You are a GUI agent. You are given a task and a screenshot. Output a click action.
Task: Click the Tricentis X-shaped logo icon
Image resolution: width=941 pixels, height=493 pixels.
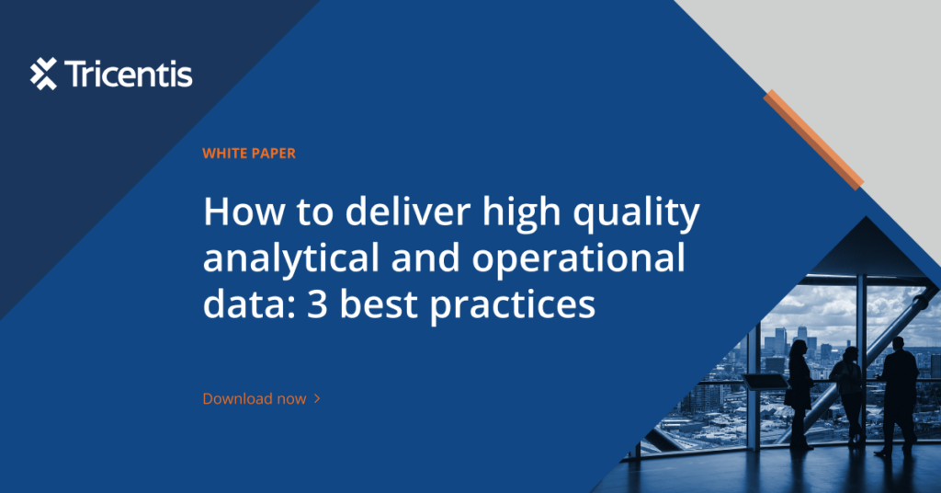(43, 74)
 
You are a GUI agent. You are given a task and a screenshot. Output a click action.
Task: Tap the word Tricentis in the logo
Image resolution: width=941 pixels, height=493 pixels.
(129, 74)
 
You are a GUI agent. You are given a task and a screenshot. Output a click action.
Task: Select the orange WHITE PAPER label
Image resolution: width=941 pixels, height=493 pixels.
(249, 154)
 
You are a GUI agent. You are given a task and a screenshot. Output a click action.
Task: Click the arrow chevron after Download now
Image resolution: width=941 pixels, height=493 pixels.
(317, 399)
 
